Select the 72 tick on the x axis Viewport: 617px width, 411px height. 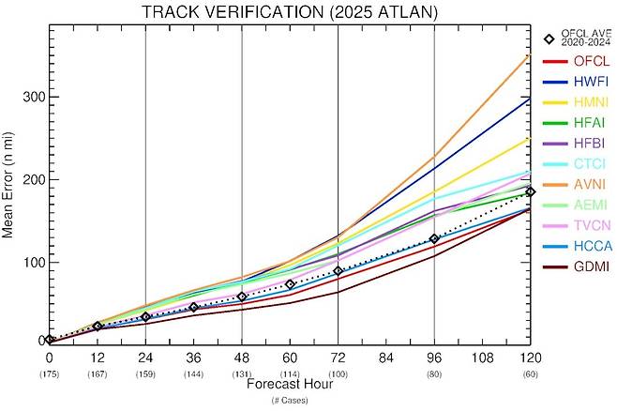338,358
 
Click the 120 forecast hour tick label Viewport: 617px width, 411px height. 530,358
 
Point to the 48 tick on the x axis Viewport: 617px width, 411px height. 242,358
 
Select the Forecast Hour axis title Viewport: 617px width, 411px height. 289,385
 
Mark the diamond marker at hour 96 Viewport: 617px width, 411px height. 434,239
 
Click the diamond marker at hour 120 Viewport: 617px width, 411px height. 530,191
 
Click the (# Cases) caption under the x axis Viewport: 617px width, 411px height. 289,400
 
